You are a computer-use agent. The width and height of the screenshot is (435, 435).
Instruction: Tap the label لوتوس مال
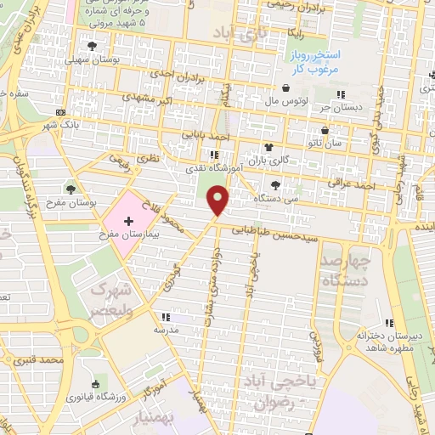point(286,100)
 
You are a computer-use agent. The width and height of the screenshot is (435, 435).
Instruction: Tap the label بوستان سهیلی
point(93,59)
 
